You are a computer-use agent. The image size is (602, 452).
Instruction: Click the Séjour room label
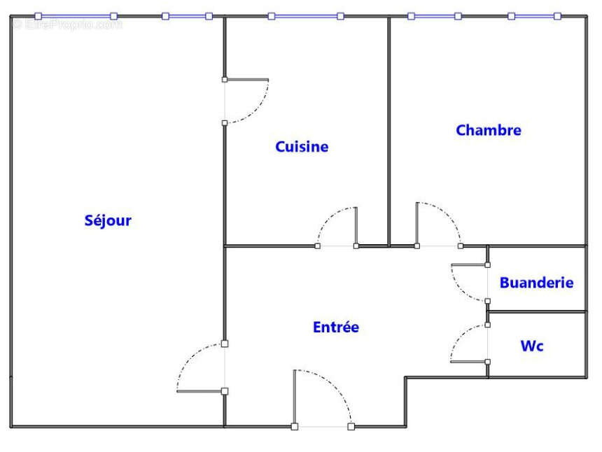108,220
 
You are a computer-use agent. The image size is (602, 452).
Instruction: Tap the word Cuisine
302,146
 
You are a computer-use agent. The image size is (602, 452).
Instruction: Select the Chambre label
489,130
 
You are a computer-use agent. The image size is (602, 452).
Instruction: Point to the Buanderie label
536,283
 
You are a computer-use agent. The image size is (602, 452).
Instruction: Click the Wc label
532,346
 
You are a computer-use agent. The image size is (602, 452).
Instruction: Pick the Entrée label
336,327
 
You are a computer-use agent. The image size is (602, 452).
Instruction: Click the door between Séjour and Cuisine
246,101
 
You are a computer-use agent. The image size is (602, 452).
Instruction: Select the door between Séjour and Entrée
201,367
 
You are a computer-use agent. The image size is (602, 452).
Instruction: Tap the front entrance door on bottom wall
323,398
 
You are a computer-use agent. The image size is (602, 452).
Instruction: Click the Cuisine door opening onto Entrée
337,227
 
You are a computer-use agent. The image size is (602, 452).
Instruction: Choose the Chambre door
438,225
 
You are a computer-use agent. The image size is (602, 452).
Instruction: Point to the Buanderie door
470,283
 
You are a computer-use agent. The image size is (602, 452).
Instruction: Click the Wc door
470,344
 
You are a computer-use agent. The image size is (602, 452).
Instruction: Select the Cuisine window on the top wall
306,16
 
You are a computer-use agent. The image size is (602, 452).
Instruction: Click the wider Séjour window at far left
76,16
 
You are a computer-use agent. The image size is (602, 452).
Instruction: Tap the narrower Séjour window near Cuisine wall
188,16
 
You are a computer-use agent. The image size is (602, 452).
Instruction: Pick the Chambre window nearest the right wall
534,16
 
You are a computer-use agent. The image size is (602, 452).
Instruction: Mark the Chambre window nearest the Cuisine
435,16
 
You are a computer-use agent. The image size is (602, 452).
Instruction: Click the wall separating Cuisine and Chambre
389,132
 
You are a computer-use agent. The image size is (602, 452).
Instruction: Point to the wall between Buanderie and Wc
537,311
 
